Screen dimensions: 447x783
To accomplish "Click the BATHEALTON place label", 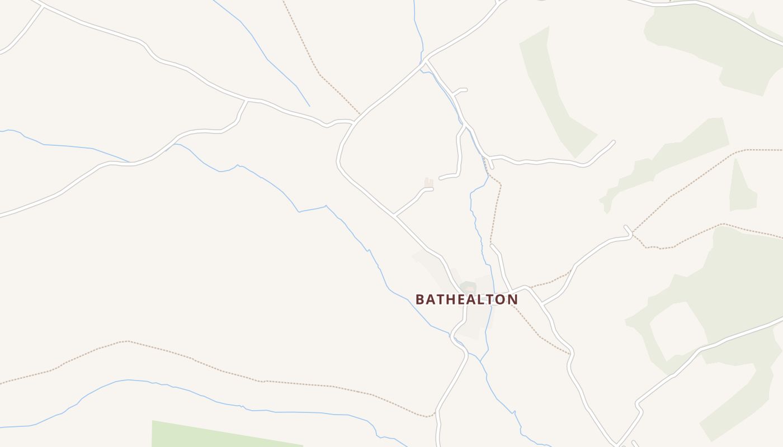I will pyautogui.click(x=466, y=299).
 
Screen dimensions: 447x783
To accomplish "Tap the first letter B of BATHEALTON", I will pyautogui.click(x=420, y=299).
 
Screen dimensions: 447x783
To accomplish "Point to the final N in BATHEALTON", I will pyautogui.click(x=513, y=299).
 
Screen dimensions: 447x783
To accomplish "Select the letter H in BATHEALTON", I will pyautogui.click(x=451, y=299).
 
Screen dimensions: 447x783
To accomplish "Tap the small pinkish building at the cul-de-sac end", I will pyautogui.click(x=428, y=183).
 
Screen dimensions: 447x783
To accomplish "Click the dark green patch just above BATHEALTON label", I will pyautogui.click(x=469, y=287).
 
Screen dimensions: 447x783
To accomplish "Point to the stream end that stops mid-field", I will pyautogui.click(x=309, y=106).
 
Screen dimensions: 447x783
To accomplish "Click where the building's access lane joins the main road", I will pyautogui.click(x=395, y=215).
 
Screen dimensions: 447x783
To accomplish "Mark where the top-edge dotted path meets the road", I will pyautogui.click(x=359, y=115).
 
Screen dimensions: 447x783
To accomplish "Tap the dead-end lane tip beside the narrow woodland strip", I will pyautogui.click(x=614, y=142).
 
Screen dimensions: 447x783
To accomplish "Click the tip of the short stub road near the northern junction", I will pyautogui.click(x=465, y=89).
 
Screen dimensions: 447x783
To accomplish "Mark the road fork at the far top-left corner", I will pyautogui.click(x=43, y=6).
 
